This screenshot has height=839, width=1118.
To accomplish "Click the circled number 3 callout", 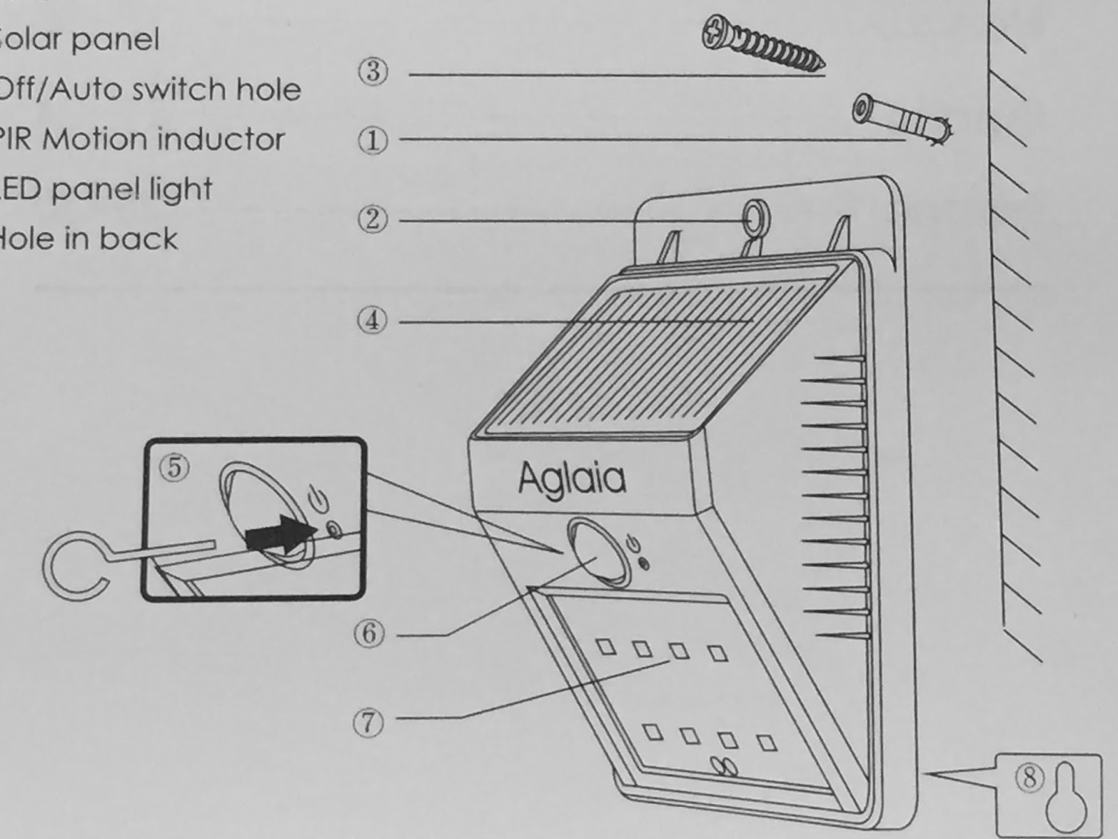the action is point(372,71).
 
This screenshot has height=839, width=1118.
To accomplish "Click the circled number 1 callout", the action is point(372,141).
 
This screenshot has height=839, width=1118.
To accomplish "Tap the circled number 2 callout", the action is point(372,220).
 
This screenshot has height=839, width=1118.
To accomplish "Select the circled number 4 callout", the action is point(372,320).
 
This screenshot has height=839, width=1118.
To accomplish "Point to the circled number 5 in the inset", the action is point(175,467).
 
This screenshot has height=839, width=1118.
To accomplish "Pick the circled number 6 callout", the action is point(370,633).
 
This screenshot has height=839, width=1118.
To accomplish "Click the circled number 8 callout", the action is point(1029,777).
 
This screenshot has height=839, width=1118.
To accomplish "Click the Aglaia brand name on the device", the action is point(572,479).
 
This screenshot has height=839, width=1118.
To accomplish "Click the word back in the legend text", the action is point(139,238).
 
